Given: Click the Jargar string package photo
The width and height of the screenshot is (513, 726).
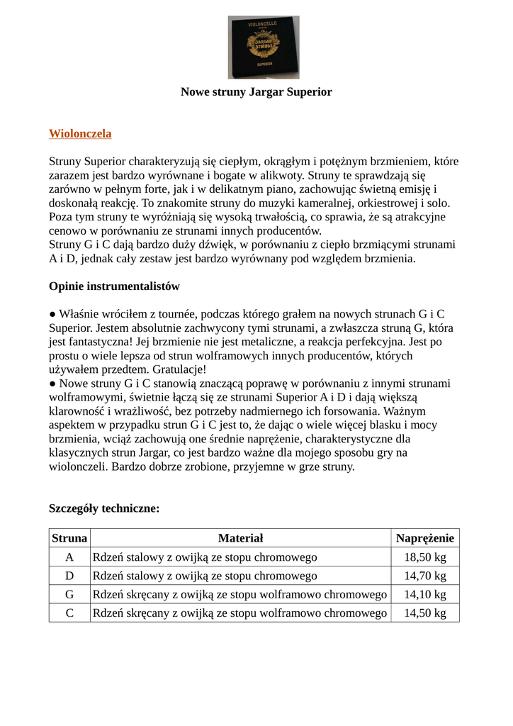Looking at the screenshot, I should click(263, 47).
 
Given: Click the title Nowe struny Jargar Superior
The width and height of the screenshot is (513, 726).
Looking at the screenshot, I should click(256, 92).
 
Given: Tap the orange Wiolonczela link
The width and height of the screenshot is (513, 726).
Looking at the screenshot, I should click(80, 133).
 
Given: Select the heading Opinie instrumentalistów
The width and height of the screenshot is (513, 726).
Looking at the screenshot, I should click(114, 286).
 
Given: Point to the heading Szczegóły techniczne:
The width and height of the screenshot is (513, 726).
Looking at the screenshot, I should click(104, 508).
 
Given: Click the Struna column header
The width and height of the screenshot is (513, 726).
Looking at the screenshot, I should click(69, 538).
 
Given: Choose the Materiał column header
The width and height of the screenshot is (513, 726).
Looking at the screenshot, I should click(240, 538).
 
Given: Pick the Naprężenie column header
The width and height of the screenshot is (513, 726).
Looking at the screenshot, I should click(425, 538).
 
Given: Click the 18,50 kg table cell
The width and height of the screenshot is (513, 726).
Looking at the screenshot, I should click(425, 557).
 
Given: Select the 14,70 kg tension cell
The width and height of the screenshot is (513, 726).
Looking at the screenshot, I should click(425, 576).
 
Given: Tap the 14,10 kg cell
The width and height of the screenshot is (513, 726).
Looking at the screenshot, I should click(425, 594).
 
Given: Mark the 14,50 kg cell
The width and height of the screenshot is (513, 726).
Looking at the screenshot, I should click(425, 613).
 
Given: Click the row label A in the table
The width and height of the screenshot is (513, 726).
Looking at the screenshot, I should click(69, 557).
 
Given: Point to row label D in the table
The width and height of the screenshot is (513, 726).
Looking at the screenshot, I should click(69, 576).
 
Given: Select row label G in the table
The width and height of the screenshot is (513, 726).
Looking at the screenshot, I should click(69, 594).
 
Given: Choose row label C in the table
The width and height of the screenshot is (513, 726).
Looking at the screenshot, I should click(69, 613).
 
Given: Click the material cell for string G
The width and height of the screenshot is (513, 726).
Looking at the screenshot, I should click(240, 594).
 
